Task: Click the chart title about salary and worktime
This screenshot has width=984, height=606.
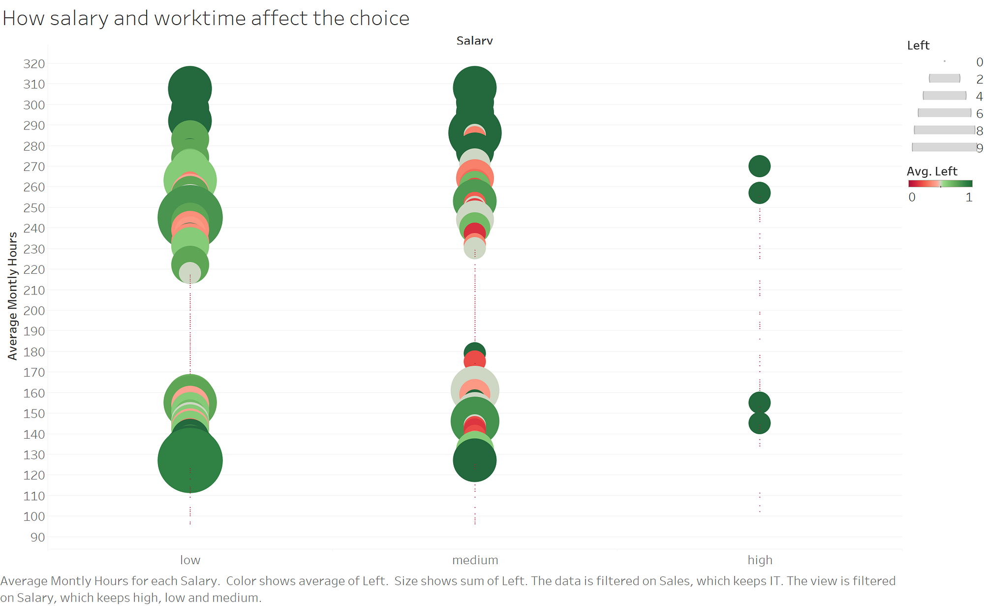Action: click(x=206, y=19)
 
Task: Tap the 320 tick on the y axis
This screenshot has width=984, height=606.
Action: click(x=34, y=64)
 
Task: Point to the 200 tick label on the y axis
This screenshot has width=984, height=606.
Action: click(x=34, y=311)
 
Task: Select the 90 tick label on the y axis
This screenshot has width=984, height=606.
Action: click(x=37, y=537)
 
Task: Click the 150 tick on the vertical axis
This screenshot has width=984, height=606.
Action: click(x=34, y=414)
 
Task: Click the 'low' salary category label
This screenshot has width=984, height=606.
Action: click(x=190, y=560)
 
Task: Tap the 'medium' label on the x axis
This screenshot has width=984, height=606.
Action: click(x=475, y=560)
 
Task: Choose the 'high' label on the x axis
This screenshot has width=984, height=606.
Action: click(x=760, y=560)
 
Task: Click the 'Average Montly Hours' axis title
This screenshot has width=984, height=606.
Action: click(x=13, y=296)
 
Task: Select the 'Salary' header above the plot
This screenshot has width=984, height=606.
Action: click(x=474, y=41)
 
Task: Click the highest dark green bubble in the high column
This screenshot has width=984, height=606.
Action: click(x=759, y=166)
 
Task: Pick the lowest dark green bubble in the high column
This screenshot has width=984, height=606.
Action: click(x=759, y=423)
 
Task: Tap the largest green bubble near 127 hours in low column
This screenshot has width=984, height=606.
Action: click(x=190, y=460)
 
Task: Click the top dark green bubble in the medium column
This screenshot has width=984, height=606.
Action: click(x=474, y=88)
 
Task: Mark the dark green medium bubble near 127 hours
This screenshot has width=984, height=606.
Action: click(x=474, y=460)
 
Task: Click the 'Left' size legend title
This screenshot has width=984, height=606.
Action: click(x=918, y=46)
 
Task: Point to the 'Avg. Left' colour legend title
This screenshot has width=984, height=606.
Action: click(x=931, y=171)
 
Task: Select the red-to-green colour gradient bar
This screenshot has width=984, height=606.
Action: click(x=940, y=184)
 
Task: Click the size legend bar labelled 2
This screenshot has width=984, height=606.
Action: click(x=944, y=78)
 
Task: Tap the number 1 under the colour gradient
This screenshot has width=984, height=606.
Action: click(x=969, y=197)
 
